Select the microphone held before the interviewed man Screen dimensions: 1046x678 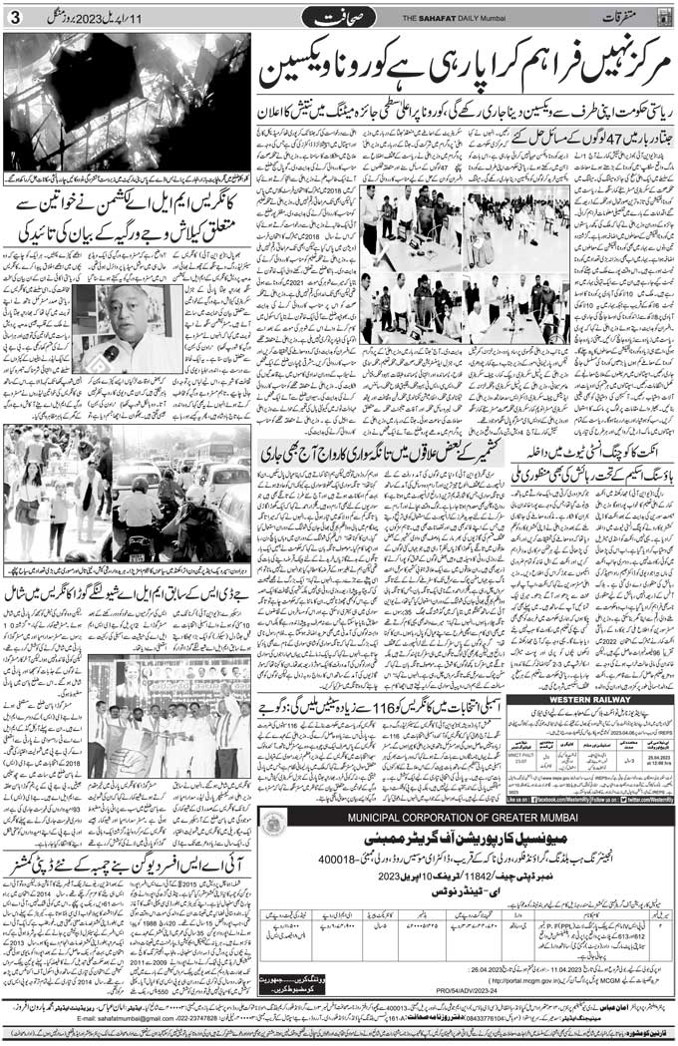[110, 353]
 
